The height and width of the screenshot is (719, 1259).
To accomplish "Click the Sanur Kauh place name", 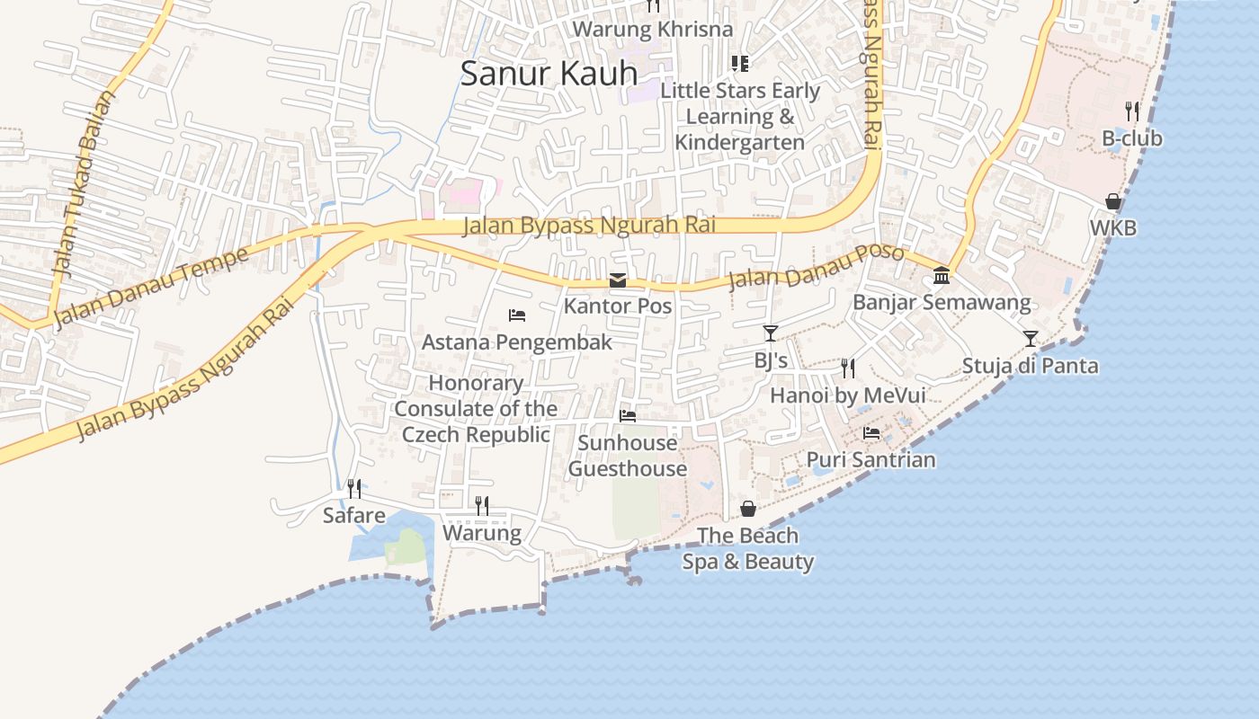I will point(549,74).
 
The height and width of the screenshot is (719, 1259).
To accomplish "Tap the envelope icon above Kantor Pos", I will point(618,280).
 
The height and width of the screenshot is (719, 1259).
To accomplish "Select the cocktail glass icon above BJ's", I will point(770,333).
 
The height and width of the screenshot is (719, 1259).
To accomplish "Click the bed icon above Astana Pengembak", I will point(517,315).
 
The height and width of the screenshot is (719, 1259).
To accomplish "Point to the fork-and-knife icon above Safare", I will point(354,489).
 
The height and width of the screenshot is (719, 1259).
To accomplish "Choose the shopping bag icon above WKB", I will point(1112,201).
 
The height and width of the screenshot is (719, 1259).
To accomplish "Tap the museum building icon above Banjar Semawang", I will point(942,275).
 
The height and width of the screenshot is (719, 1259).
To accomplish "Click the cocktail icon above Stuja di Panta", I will point(1031,339).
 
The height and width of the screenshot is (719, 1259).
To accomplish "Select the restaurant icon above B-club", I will point(1132,111).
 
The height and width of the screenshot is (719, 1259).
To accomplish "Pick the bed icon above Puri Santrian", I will point(871,432).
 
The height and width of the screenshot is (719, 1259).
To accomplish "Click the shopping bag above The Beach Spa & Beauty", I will point(748,509).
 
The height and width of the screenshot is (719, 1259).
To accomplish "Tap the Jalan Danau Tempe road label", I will point(151,288).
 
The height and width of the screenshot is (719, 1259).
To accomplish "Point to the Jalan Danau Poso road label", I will point(816,266).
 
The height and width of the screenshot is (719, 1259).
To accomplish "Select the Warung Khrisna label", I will point(653,29).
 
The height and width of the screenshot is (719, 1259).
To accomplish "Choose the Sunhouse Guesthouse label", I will point(628,456).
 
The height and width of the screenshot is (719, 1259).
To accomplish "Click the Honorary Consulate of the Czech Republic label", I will point(476,409).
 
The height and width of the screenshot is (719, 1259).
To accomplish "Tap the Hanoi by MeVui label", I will point(847,395).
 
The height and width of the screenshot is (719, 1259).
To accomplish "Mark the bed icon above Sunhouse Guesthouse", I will point(628,415).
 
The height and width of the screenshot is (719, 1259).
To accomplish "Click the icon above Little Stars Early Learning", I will point(739,63).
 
